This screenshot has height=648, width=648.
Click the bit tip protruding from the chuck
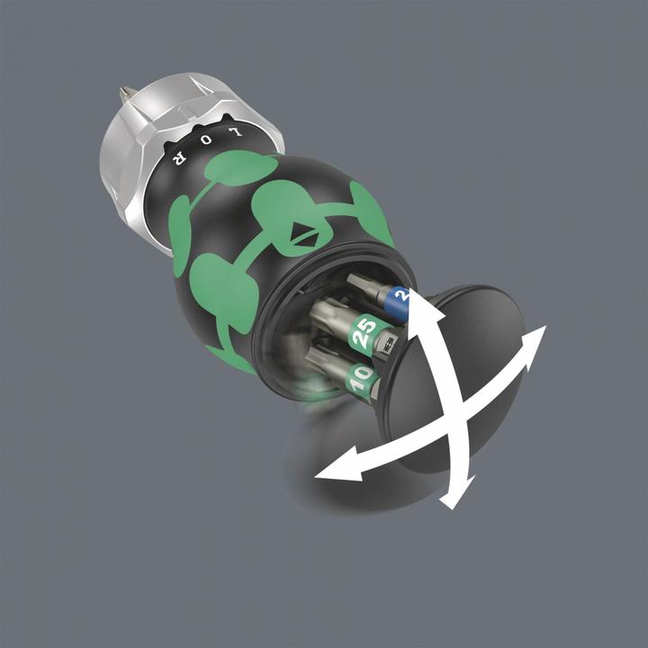(x=126, y=94)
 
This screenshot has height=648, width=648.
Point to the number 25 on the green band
(x=364, y=335)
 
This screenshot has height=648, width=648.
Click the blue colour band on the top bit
(x=399, y=295)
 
